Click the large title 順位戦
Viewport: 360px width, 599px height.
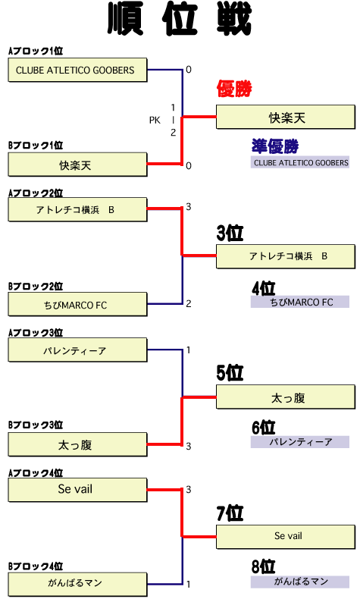180,19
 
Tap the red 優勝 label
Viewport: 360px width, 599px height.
234,89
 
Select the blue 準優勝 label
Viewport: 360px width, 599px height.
275,146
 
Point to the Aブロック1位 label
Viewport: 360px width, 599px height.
36,51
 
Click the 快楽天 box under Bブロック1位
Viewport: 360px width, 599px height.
77,165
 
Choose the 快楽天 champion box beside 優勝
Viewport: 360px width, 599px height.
286,118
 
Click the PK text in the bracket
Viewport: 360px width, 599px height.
155,121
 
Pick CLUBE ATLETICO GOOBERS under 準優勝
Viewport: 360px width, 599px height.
300,162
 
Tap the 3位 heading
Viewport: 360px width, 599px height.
230,233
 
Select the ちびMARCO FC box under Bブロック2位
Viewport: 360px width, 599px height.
77,305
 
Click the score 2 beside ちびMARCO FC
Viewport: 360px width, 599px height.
189,304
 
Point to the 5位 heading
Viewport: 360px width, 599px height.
230,372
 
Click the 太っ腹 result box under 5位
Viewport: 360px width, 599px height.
286,397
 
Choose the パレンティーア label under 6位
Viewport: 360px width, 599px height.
300,442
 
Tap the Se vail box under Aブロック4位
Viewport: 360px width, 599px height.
77,490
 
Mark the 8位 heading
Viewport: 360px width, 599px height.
264,566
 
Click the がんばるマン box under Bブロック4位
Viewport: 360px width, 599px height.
77,584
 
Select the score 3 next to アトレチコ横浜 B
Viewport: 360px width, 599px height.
189,207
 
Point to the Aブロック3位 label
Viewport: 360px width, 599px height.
36,333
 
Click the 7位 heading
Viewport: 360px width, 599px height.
230,513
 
